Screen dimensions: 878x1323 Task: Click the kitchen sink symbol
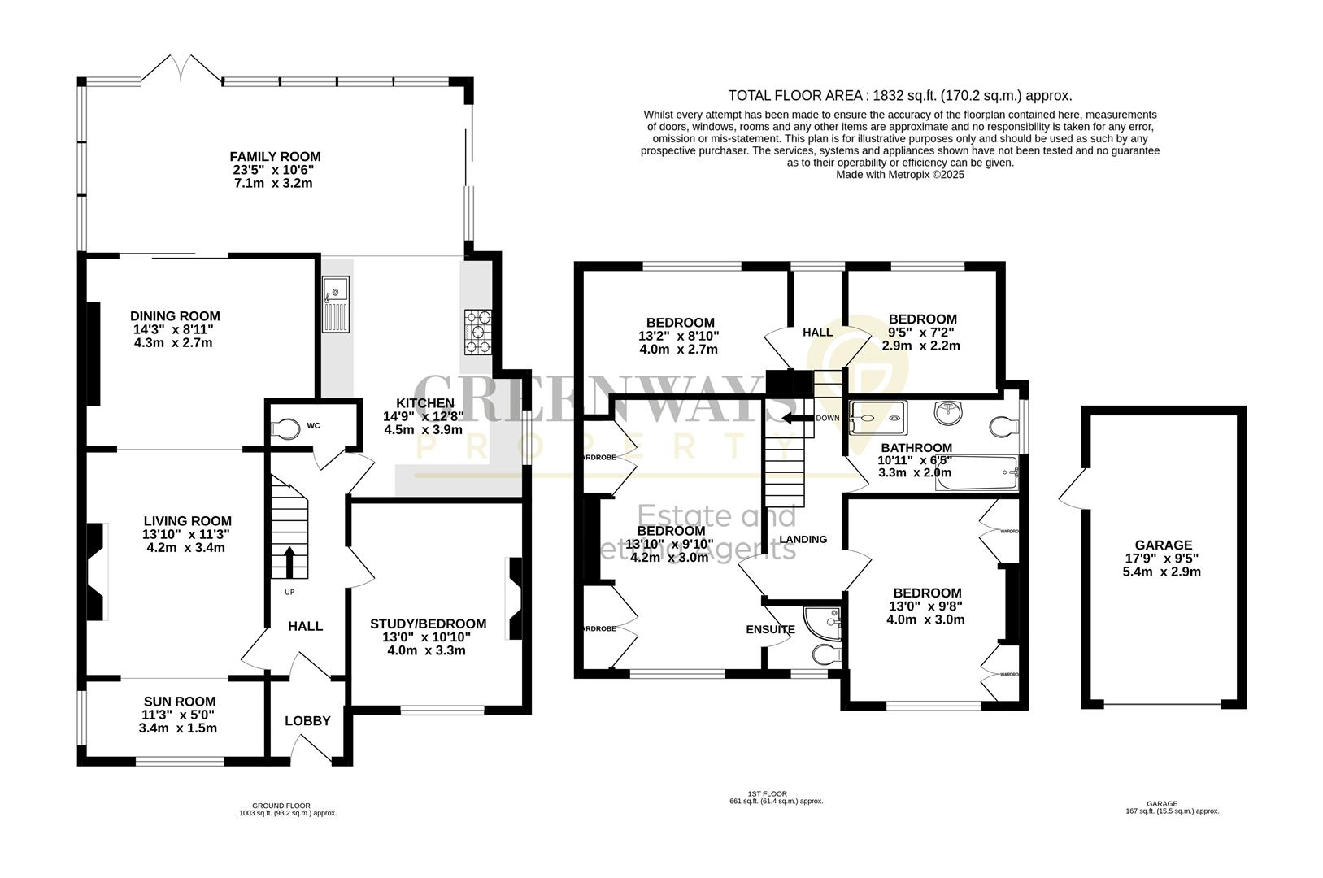(335, 305)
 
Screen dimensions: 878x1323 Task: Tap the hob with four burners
(477, 332)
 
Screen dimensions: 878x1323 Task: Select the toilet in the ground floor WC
(285, 428)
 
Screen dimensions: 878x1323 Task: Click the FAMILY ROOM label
(275, 156)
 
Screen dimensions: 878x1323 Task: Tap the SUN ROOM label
(180, 701)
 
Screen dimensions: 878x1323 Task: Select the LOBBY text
(307, 720)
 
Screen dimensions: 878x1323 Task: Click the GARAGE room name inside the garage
(1163, 545)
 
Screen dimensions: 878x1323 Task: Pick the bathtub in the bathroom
(977, 473)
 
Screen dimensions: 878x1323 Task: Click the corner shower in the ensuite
(823, 621)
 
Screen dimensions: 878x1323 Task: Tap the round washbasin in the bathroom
(947, 413)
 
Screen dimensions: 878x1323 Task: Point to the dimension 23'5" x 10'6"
(272, 170)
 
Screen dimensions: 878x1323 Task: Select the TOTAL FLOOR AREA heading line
(899, 95)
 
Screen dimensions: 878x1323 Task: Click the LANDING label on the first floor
(803, 539)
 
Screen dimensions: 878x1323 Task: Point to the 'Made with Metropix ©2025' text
(899, 174)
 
